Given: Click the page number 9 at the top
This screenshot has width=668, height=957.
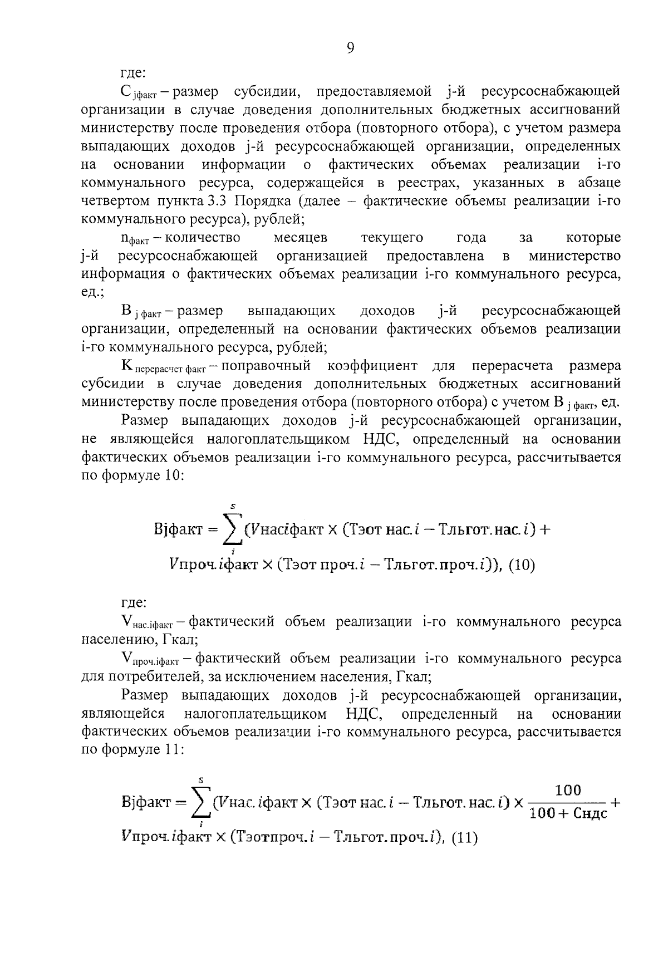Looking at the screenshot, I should [x=350, y=49].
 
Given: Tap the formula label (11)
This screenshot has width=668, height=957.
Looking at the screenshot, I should [x=464, y=838].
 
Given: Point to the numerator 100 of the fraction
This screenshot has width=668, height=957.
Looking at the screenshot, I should [x=568, y=791].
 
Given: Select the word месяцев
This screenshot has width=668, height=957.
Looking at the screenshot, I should [x=301, y=238].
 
